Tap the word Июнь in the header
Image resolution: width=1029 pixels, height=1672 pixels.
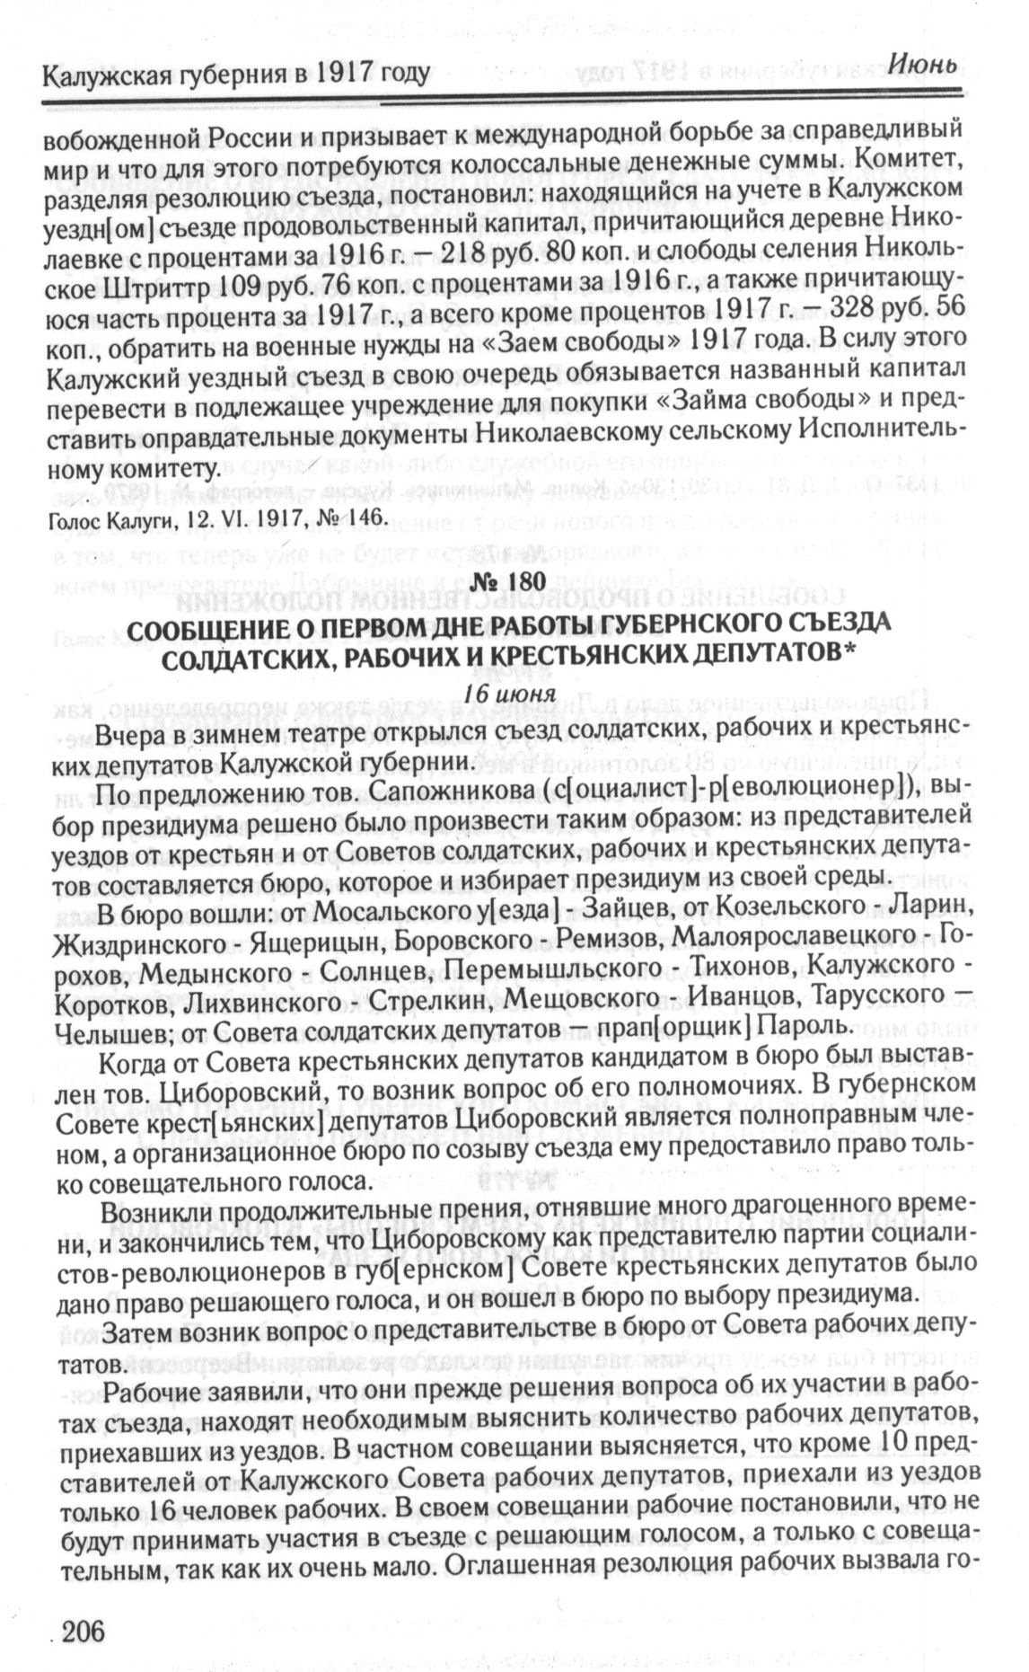926,65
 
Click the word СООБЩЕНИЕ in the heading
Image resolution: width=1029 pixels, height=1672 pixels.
207,624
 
